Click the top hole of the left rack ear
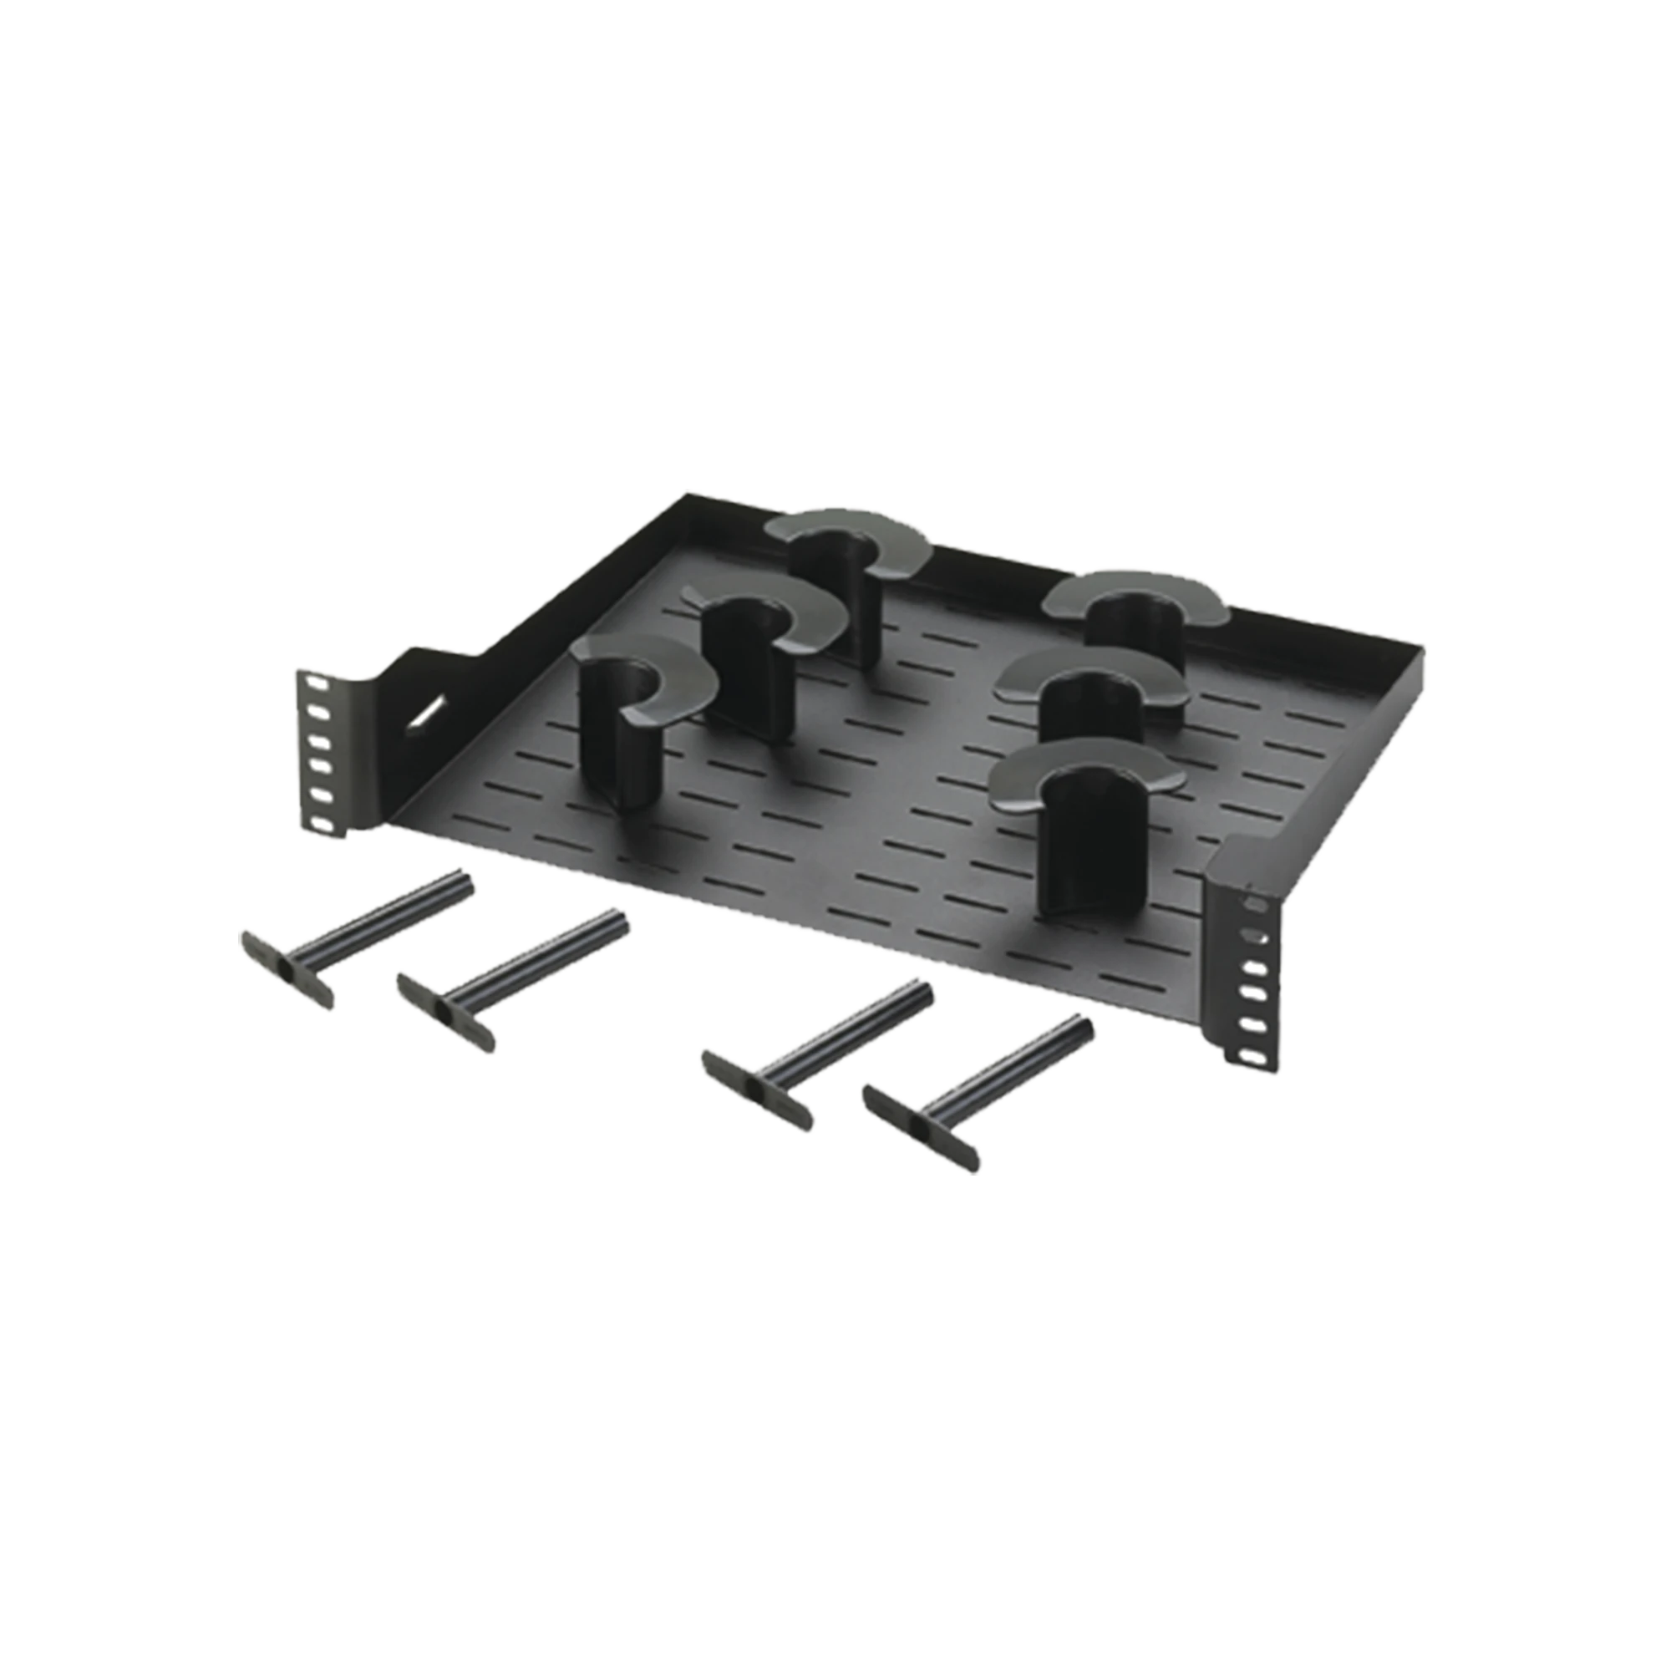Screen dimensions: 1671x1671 pos(310,684)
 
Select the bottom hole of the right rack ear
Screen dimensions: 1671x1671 pos(1249,1058)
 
